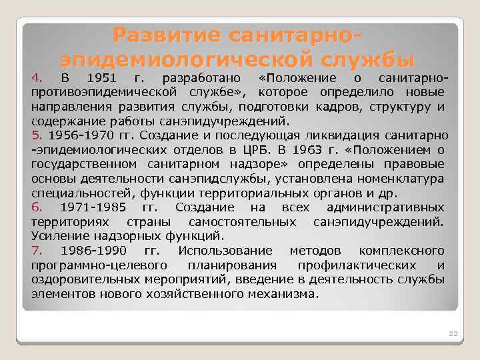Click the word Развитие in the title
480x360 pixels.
(x=167, y=35)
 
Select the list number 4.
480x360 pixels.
(x=37, y=76)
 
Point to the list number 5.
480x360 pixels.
(x=36, y=135)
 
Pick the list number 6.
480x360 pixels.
(x=37, y=207)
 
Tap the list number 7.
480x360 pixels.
(x=37, y=251)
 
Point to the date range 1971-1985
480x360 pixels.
(x=92, y=207)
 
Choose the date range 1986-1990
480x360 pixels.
(x=92, y=251)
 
